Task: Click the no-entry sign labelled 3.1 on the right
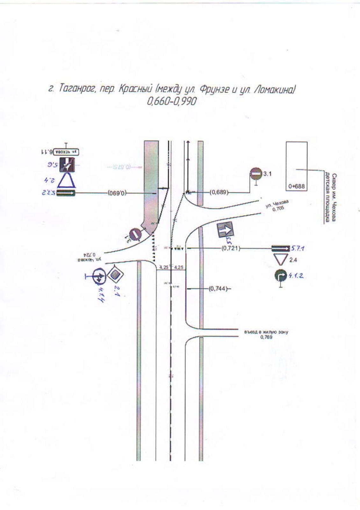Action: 256,174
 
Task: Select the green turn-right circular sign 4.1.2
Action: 280,276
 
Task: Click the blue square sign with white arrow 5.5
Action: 225,230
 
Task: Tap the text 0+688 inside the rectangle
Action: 296,186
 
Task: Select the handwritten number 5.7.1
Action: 298,248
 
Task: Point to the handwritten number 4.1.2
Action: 296,275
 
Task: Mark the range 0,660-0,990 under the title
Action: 172,102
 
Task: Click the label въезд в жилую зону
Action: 266,332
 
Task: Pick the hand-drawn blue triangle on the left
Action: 67,180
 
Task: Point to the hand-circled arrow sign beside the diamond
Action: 98,276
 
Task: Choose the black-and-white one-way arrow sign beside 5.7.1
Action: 280,248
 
